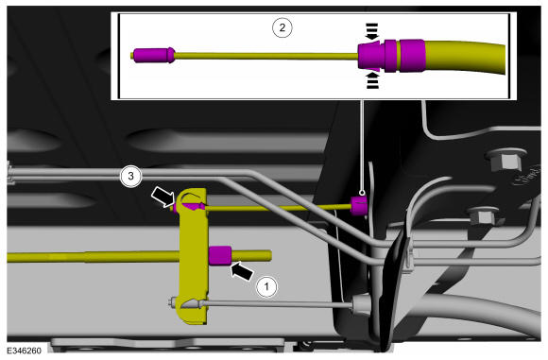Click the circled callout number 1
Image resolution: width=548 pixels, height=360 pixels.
point(266,287)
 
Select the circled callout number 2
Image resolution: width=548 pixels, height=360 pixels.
point(283,27)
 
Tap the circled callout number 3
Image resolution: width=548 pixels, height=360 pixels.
point(130,176)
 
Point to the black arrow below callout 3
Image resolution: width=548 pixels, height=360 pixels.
point(163,197)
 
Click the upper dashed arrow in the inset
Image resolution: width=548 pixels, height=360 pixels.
point(372,31)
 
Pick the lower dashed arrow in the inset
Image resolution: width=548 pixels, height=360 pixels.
point(372,79)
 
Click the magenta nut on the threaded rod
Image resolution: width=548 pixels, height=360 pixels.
point(220,255)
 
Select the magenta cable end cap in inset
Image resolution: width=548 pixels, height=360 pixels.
point(154,55)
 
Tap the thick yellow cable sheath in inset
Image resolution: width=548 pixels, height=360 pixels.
point(465,57)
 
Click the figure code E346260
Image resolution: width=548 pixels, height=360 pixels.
point(24,351)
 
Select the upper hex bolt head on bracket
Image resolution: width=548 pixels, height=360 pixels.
point(505,162)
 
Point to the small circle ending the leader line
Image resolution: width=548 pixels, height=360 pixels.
point(362,192)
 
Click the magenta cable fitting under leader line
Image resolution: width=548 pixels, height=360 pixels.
point(359,206)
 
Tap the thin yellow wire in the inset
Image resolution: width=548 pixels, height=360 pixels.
point(266,56)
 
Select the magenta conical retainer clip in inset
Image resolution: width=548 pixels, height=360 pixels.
point(371,56)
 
